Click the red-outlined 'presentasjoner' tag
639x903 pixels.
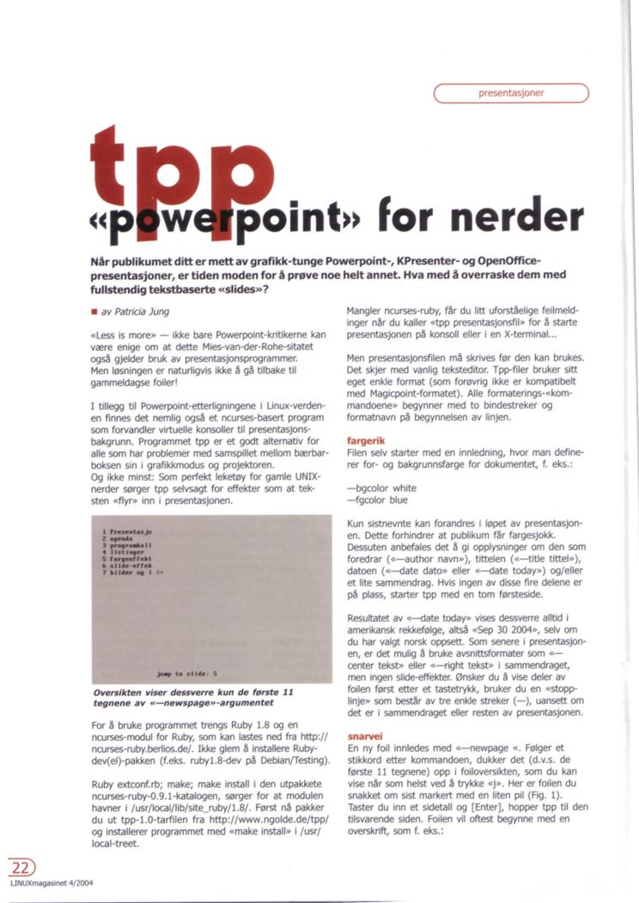coord(511,93)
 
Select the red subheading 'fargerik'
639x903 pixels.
coord(364,436)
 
